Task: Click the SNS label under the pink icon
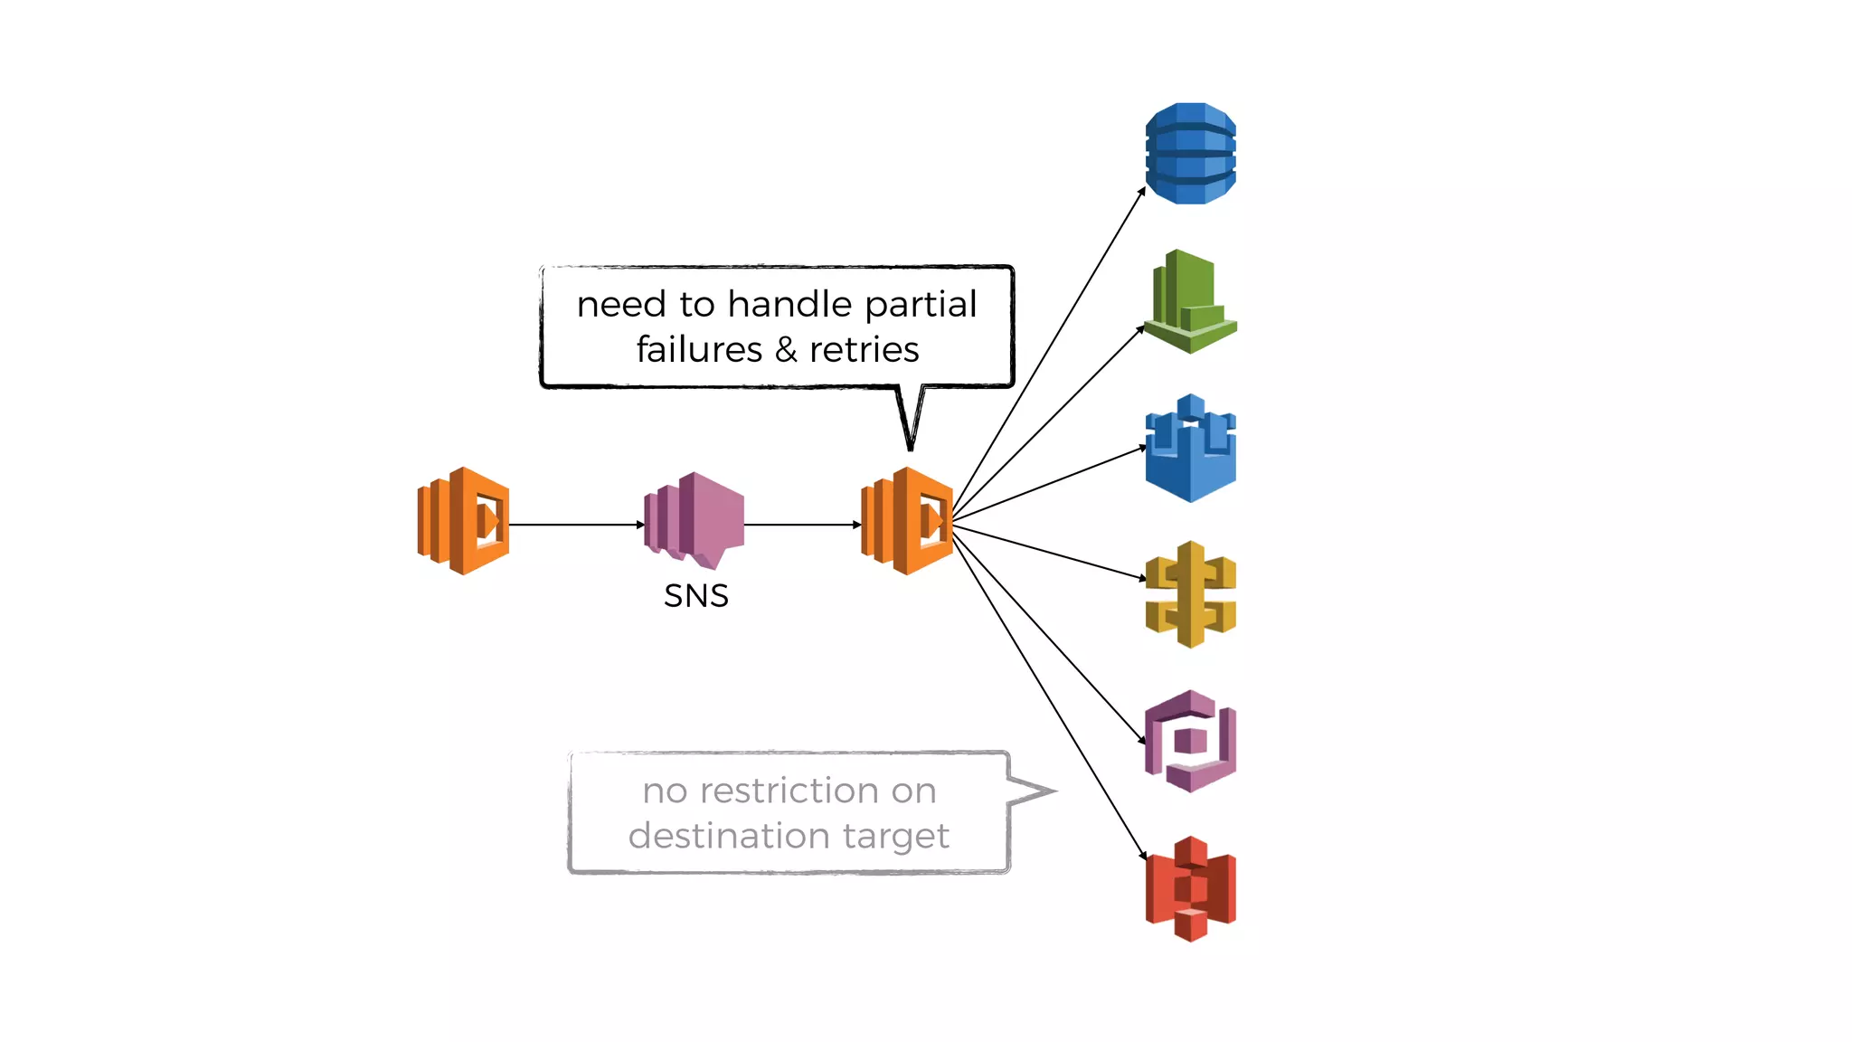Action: click(x=695, y=596)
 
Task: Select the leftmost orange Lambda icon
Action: click(x=463, y=521)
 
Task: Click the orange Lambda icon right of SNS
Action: click(x=907, y=521)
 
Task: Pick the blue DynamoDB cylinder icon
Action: click(x=1190, y=154)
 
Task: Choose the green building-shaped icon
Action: click(x=1190, y=302)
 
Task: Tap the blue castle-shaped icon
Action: click(x=1190, y=450)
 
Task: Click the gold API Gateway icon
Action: click(x=1190, y=594)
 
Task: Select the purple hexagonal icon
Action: click(x=1190, y=742)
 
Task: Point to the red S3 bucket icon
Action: click(x=1190, y=888)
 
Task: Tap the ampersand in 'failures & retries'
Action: click(x=785, y=350)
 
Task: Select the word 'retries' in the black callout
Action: click(x=864, y=350)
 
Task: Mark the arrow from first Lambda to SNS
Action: click(x=575, y=525)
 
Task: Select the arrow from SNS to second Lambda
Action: click(x=801, y=525)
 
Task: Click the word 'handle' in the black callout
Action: click(x=790, y=304)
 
